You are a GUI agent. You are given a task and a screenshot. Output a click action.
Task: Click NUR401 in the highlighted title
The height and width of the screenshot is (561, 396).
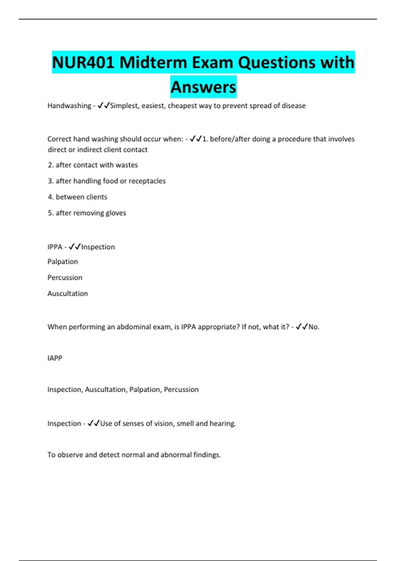pos(83,62)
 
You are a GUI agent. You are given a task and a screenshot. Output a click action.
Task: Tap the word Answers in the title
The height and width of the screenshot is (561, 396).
pos(203,87)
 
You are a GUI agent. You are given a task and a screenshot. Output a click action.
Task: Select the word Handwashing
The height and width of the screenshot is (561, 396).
pos(69,106)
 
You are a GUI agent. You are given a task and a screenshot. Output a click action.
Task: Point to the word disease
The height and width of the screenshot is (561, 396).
pos(293,106)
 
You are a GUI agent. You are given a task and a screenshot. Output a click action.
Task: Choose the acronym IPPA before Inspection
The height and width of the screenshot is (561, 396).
pos(55,247)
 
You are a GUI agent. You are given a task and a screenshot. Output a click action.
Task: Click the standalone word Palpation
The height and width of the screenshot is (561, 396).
pos(63,262)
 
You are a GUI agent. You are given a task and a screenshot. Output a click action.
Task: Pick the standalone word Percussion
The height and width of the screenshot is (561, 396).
pos(65,278)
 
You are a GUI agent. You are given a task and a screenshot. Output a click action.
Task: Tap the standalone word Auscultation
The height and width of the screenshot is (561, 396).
pos(68,293)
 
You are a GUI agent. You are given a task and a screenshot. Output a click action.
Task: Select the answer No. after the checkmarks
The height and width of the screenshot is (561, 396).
pos(314,327)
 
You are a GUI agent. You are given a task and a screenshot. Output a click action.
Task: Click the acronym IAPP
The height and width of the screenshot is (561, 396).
pos(55,358)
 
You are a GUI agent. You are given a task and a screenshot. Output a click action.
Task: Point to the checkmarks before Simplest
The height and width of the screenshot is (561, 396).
pos(104,106)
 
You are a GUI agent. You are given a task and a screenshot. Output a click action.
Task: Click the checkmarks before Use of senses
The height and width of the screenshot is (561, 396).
pos(94,423)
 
